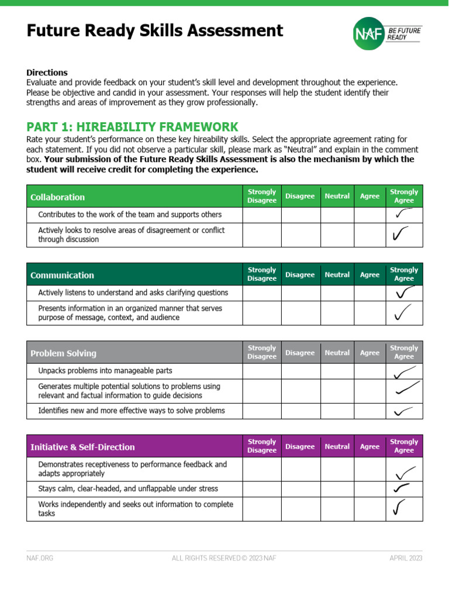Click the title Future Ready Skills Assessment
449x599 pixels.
[155, 30]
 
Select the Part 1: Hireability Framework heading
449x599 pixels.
[132, 127]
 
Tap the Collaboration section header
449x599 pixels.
[57, 197]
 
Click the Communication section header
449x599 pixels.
[62, 275]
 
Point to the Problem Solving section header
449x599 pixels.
[63, 353]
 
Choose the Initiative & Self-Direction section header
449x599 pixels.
[82, 447]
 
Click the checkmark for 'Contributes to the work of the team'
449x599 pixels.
[403, 215]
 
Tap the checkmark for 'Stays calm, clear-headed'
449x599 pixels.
[401, 488]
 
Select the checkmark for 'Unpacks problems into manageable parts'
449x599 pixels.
[404, 372]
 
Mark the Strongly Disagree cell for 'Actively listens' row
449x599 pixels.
[261, 292]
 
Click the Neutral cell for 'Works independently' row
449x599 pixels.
[337, 509]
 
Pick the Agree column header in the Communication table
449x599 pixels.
[369, 275]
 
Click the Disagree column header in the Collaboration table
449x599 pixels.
[300, 197]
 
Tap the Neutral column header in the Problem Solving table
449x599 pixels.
[337, 353]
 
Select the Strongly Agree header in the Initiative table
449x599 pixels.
[404, 446]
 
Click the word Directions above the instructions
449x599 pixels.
[47, 73]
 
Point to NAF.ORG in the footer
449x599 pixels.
[40, 558]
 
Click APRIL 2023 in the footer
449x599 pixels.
[406, 558]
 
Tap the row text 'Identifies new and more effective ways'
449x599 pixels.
[131, 411]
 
